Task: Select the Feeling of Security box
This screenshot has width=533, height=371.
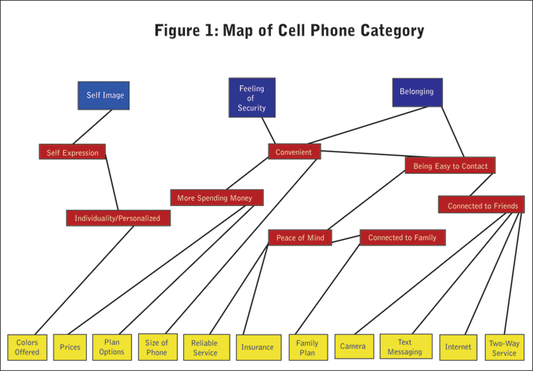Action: tap(252, 98)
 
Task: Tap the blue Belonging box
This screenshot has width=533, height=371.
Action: tap(417, 92)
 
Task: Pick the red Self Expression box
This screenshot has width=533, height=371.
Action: tap(72, 152)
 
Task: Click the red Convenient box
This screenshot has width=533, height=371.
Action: tap(294, 152)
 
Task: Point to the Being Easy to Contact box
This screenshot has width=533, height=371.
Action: tap(450, 166)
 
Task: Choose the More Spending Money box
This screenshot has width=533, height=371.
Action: tap(216, 198)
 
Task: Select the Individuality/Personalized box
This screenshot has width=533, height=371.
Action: tap(118, 218)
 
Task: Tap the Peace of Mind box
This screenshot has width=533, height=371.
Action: tap(299, 238)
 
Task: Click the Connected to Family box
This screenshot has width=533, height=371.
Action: tap(403, 238)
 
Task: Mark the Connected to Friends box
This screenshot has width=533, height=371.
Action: tap(482, 206)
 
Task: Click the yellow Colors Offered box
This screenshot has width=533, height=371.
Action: tap(27, 347)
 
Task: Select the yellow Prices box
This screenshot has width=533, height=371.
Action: tap(70, 347)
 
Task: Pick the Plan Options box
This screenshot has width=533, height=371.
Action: tap(112, 347)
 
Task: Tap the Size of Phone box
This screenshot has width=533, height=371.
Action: tap(157, 347)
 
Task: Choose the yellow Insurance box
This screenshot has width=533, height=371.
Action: tap(257, 347)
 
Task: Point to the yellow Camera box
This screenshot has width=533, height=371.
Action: tap(352, 347)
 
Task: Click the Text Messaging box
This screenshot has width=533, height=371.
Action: tap(404, 347)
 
